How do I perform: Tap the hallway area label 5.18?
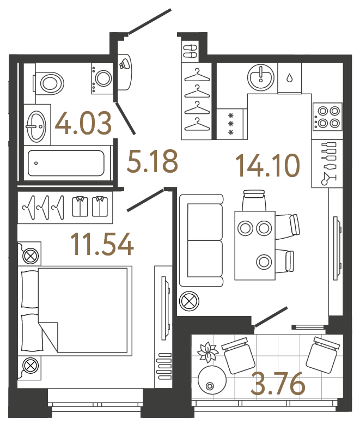(x=152, y=162)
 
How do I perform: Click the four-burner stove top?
(x=327, y=116)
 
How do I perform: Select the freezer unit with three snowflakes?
(x=230, y=124)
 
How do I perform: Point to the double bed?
(x=76, y=309)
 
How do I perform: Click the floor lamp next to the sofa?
(x=189, y=301)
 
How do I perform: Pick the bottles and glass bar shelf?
(x=327, y=163)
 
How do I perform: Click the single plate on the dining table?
(x=265, y=262)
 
